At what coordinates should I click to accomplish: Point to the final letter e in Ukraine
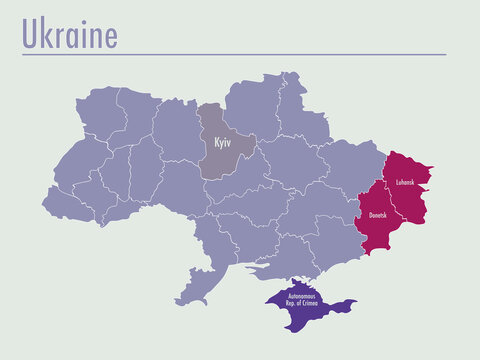pyautogui.click(x=110, y=36)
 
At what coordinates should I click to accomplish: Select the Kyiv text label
pyautogui.click(x=221, y=142)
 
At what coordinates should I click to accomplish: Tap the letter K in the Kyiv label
pyautogui.click(x=215, y=142)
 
